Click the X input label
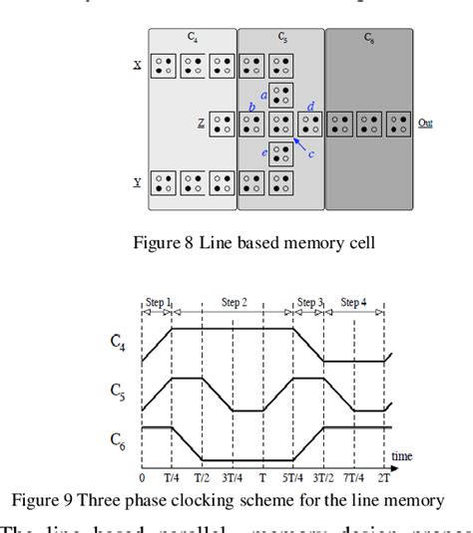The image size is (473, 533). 137,65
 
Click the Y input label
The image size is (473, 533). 137,182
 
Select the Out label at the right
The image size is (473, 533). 425,124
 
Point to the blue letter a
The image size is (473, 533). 263,93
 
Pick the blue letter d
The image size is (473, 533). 310,106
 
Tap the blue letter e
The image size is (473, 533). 263,152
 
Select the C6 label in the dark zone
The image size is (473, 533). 370,37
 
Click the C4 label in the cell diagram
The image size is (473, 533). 192,37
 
